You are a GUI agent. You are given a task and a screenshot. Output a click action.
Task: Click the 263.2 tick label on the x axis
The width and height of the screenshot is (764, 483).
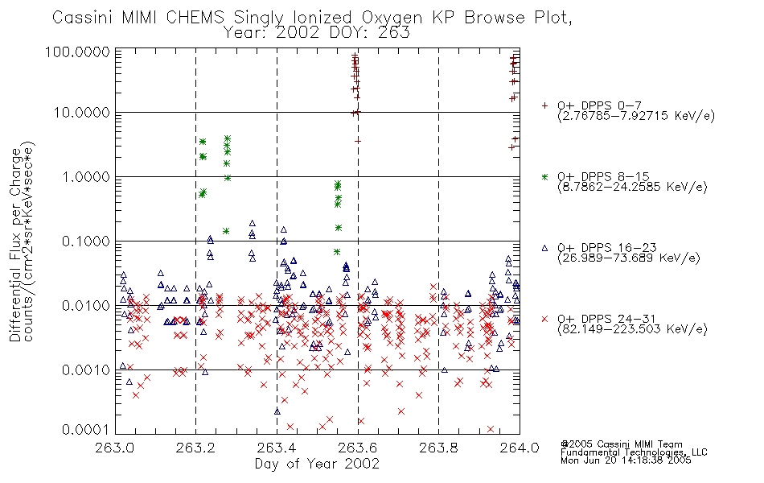pyautogui.click(x=195, y=448)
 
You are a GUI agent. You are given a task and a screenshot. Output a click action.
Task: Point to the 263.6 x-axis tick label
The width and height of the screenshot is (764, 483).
pyautogui.click(x=358, y=448)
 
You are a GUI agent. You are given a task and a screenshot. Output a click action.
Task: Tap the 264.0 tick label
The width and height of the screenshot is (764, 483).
pyautogui.click(x=520, y=448)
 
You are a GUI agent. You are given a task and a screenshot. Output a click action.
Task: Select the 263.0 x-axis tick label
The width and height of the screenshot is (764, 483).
pyautogui.click(x=115, y=448)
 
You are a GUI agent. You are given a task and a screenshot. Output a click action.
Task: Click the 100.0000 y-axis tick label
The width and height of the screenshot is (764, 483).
pyautogui.click(x=78, y=52)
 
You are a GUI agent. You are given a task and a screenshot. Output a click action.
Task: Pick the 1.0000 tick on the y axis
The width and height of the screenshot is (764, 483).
pyautogui.click(x=86, y=176)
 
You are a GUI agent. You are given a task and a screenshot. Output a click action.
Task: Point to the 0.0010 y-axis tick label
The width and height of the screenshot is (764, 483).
pyautogui.click(x=86, y=369)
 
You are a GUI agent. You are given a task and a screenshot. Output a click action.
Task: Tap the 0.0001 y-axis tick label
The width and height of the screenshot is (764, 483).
pyautogui.click(x=86, y=430)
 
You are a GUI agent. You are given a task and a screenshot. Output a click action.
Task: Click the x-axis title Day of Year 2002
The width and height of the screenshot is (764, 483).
pyautogui.click(x=317, y=464)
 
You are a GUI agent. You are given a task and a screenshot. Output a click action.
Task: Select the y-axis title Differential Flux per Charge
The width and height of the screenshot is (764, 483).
pyautogui.click(x=16, y=245)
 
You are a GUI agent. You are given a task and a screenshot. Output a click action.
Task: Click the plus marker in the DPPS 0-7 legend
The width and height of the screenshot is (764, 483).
pyautogui.click(x=544, y=105)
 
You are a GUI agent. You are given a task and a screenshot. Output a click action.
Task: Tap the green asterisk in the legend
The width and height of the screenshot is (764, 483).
pyautogui.click(x=544, y=176)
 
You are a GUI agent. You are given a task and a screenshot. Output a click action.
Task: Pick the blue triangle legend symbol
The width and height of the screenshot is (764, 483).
pyautogui.click(x=544, y=248)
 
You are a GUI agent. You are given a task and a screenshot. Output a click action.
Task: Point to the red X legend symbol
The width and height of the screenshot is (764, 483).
pyautogui.click(x=544, y=319)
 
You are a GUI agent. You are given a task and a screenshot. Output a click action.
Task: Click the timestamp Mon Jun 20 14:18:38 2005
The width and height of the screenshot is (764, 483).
pyautogui.click(x=626, y=460)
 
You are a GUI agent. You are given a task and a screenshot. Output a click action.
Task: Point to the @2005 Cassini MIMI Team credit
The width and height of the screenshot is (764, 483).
pyautogui.click(x=621, y=444)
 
